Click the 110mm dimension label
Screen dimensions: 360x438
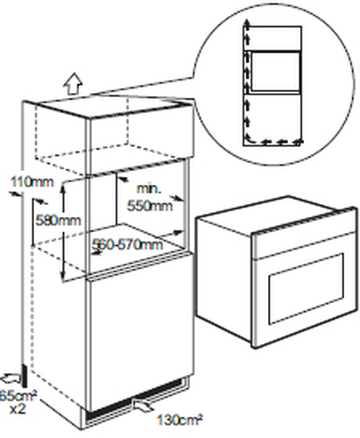click(x=32, y=182)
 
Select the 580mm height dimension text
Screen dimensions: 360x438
click(x=58, y=220)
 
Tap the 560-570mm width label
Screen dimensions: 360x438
click(x=127, y=244)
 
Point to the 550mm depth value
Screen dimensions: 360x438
click(x=150, y=206)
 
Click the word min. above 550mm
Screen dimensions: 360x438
click(x=149, y=189)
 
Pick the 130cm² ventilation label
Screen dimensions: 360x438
click(x=180, y=420)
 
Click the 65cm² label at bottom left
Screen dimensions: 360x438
click(x=18, y=396)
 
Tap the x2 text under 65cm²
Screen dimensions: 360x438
click(x=18, y=409)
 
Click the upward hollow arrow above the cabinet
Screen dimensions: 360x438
click(x=73, y=84)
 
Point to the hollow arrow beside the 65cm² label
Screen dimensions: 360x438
click(x=11, y=378)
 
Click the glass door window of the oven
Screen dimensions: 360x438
click(x=307, y=288)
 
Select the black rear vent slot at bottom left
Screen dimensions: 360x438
click(x=25, y=377)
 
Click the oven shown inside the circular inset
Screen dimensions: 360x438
click(x=276, y=72)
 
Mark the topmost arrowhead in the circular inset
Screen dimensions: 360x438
click(x=247, y=23)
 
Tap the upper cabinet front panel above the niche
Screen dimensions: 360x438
click(x=141, y=138)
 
